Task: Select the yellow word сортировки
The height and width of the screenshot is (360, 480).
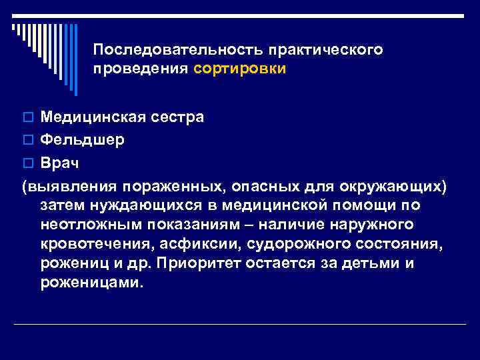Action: (x=240, y=69)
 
